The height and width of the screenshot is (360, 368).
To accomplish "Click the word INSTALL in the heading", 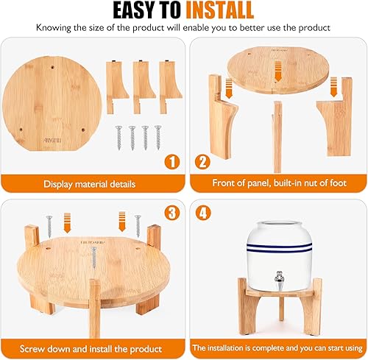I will tap(219, 11).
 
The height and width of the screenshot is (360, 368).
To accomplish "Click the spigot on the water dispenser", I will tap(278, 278).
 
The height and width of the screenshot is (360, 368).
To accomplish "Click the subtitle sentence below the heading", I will tap(183, 28).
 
